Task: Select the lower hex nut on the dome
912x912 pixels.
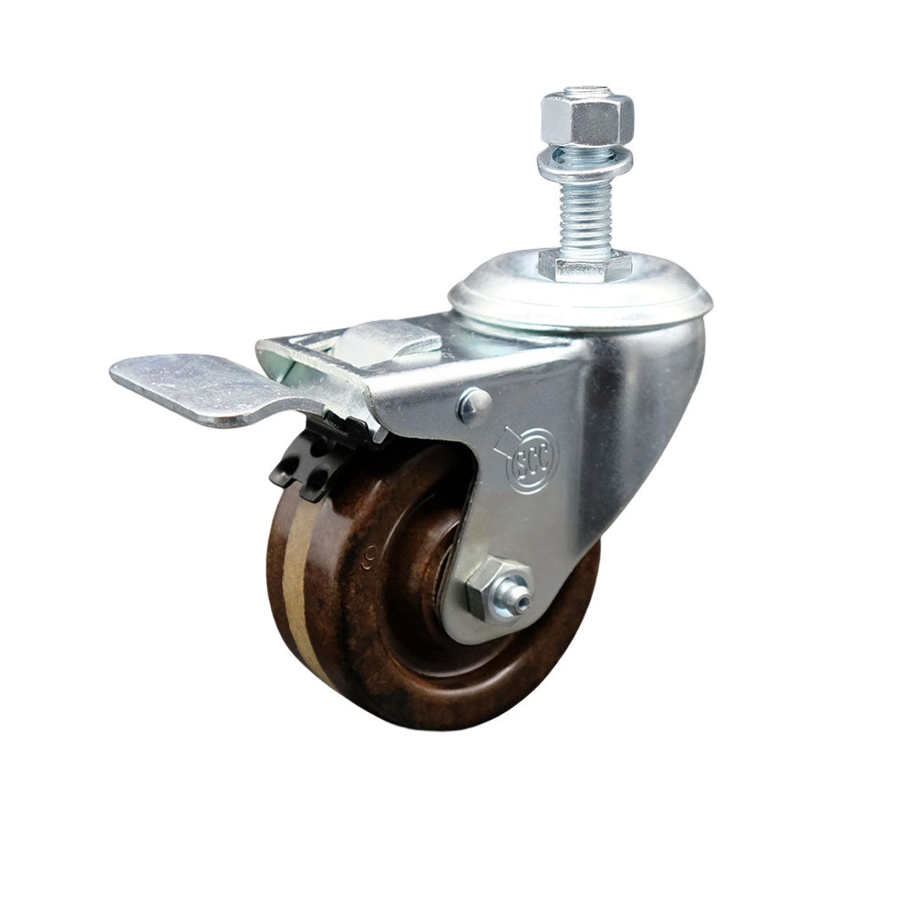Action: coord(585,264)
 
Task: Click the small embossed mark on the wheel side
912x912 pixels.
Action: coord(371,554)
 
